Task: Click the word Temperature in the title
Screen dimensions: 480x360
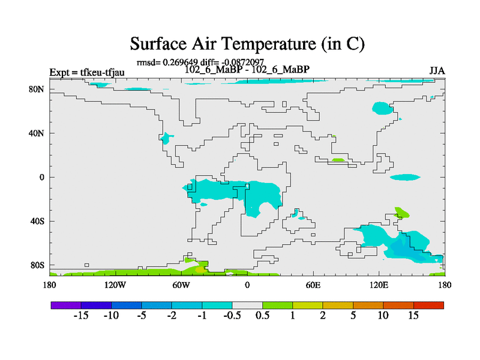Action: tap(268, 44)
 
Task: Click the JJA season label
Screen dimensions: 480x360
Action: tap(437, 71)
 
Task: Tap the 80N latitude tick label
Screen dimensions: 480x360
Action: tap(37, 89)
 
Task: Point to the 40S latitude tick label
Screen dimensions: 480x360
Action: tap(37, 221)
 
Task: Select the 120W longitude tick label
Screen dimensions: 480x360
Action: tap(115, 286)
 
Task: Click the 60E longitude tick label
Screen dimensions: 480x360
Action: tap(313, 286)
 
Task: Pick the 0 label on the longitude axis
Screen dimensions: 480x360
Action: tap(247, 286)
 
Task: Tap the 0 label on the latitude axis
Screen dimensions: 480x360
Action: tap(42, 177)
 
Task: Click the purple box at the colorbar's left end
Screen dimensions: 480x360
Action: tap(66, 305)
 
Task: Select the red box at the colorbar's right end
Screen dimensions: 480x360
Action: tap(428, 305)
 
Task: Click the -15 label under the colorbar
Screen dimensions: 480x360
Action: tap(81, 316)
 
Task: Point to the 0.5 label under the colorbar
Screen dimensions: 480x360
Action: tap(262, 316)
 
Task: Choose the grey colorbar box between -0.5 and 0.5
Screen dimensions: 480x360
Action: tap(247, 305)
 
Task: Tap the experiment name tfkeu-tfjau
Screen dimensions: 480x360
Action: tap(102, 73)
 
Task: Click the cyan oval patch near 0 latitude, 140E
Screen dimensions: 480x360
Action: tap(405, 177)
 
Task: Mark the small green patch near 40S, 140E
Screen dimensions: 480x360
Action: tap(401, 212)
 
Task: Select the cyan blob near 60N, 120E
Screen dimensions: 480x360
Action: tap(382, 108)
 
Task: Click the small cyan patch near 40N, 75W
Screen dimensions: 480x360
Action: tap(166, 138)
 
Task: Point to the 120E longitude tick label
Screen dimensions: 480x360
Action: tap(379, 286)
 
